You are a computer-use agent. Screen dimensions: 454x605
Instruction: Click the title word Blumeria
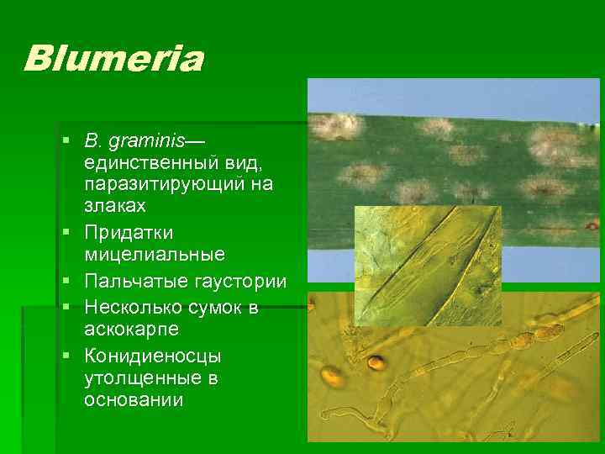coord(113,59)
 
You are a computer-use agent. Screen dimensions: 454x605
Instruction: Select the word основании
coord(134,400)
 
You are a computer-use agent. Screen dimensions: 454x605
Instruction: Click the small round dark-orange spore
coord(377,363)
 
